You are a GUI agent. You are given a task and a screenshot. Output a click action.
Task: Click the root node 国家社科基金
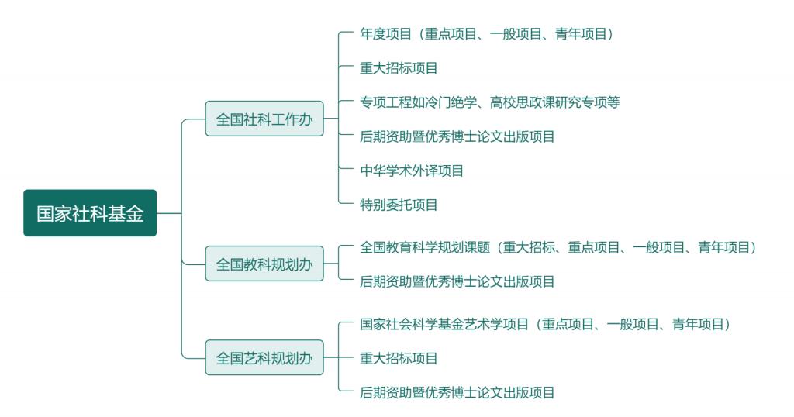coord(90,213)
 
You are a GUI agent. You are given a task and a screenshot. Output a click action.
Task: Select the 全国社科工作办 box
coord(264,119)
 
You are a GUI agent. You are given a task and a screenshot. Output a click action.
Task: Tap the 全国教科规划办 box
coord(264,264)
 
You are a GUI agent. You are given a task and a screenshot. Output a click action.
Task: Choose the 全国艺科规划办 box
coord(264,358)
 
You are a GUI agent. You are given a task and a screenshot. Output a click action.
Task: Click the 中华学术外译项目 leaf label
coord(412,171)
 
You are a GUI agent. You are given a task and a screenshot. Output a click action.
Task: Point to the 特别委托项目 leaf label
coord(399,205)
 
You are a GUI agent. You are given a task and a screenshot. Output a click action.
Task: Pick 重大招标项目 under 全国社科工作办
coord(399,67)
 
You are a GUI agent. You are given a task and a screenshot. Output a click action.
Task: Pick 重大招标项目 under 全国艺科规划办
coord(399,358)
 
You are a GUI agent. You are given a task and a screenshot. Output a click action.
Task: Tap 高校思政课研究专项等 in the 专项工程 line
coord(555,102)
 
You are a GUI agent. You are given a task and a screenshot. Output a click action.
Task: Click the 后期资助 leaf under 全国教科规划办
coord(457,281)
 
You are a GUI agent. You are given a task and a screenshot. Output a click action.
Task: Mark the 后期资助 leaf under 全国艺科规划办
coord(457,392)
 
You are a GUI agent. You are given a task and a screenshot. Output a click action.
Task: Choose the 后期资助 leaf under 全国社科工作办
coord(457,136)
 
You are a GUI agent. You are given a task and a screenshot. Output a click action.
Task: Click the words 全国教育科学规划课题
coord(425,247)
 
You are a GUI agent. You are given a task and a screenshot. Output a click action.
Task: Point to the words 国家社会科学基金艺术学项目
coord(444,324)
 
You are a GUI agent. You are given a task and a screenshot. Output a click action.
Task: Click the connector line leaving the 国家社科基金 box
coord(169,213)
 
